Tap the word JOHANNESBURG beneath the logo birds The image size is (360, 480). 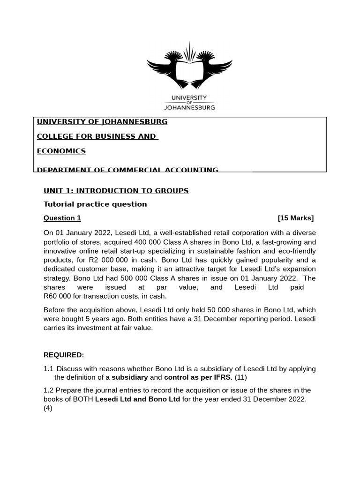(x=189, y=107)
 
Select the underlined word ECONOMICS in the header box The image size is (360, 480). (x=61, y=151)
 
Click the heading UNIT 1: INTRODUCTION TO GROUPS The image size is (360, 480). (x=116, y=191)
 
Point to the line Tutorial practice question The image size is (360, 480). (x=95, y=204)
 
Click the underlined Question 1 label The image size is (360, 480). (x=62, y=218)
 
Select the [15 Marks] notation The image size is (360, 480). (x=295, y=218)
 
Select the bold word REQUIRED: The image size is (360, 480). (x=64, y=355)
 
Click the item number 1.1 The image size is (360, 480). (x=48, y=369)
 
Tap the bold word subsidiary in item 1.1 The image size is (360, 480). (x=129, y=377)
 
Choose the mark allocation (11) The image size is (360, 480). (x=240, y=377)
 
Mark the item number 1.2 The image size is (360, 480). (x=48, y=390)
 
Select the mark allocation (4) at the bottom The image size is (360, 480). (x=48, y=408)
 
